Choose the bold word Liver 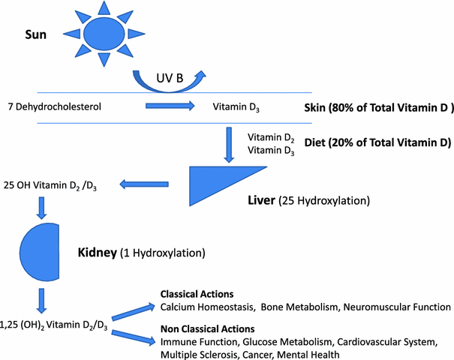[x=262, y=202]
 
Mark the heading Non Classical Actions [x=206, y=328]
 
